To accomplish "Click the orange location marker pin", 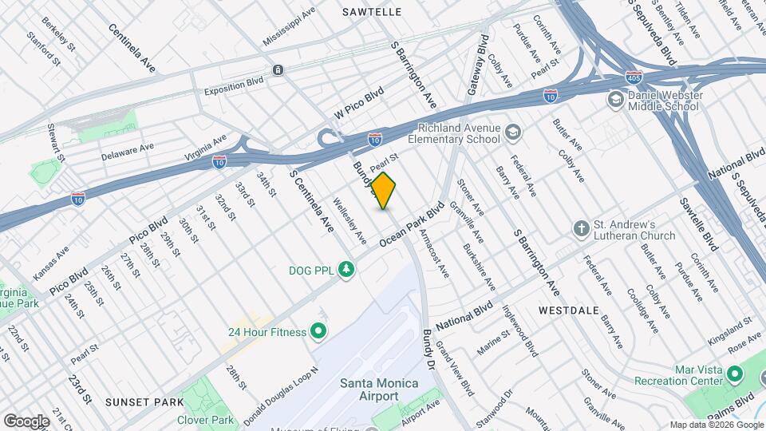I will point(384,191).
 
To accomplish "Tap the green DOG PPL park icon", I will point(346,270).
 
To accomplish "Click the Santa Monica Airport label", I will point(379,389).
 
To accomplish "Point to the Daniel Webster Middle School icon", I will point(615,99).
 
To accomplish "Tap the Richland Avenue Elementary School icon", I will point(512,132).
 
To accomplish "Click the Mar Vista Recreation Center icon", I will point(734,374).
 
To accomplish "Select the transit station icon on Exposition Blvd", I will point(277,70).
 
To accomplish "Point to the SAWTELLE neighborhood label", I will point(371,12).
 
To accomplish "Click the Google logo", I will point(26,421).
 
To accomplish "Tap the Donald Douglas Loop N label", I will point(281,396).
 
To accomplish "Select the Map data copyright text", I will point(715,425).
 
